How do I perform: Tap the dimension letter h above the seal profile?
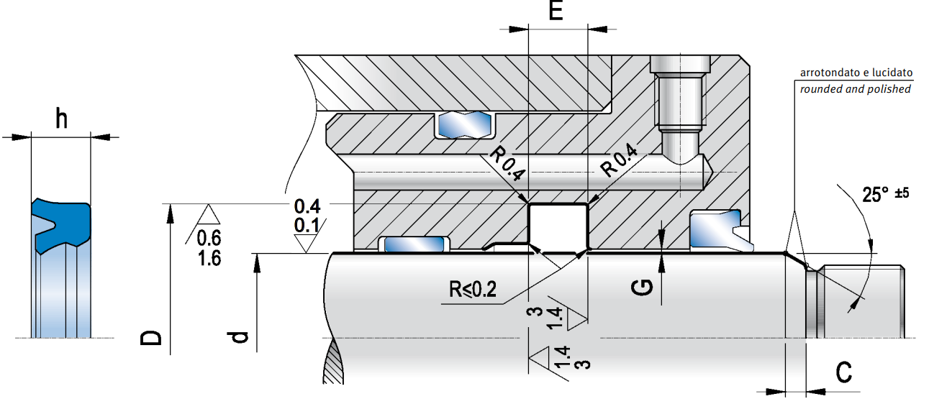[x=61, y=119]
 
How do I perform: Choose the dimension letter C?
[x=844, y=372]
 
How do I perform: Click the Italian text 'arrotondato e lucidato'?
[x=856, y=73]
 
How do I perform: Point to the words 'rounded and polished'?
[x=856, y=89]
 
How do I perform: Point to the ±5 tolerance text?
[x=899, y=193]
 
